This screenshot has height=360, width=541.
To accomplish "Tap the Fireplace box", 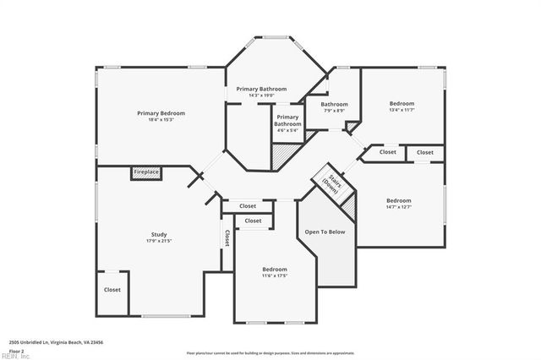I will click(146, 172).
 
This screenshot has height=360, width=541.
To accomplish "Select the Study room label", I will click(159, 234).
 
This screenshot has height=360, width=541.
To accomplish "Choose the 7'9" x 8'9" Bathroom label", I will click(334, 105).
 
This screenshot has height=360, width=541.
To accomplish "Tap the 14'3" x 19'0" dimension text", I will click(261, 95).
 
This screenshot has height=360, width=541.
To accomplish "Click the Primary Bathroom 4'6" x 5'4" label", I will click(287, 123).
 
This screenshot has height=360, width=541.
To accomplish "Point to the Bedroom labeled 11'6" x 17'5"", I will click(275, 270).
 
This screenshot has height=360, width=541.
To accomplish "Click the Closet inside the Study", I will click(112, 290).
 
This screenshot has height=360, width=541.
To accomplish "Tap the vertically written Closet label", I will click(227, 238).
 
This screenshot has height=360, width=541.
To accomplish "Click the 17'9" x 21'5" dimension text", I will click(159, 241).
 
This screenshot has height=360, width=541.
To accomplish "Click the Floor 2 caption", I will click(16, 350).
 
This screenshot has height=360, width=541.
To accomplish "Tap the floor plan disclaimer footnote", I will click(270, 352).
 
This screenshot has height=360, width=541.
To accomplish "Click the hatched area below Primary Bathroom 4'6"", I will click(281, 152).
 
